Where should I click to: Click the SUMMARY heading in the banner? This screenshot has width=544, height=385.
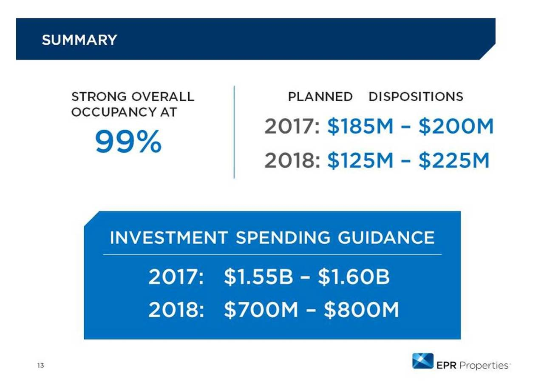tap(79, 40)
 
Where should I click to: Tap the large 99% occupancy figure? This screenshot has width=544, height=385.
tap(128, 142)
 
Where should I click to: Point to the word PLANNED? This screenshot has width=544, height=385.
tap(320, 97)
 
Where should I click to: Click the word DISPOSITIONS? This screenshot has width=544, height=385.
tap(416, 97)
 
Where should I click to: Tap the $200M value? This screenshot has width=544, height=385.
tap(456, 127)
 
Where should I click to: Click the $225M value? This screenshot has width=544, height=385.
tap(454, 161)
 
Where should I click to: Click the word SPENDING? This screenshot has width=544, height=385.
tap(283, 238)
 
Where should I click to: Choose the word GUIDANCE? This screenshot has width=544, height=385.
tap(386, 238)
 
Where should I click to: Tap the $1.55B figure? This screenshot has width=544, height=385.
tap(258, 278)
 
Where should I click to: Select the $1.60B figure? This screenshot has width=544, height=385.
tap(354, 278)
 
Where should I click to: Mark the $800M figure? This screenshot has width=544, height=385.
tap(361, 311)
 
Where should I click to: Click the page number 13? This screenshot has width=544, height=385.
tap(40, 365)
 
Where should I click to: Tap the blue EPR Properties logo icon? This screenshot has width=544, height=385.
tap(422, 361)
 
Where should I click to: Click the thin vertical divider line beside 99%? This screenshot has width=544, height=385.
tap(234, 132)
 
